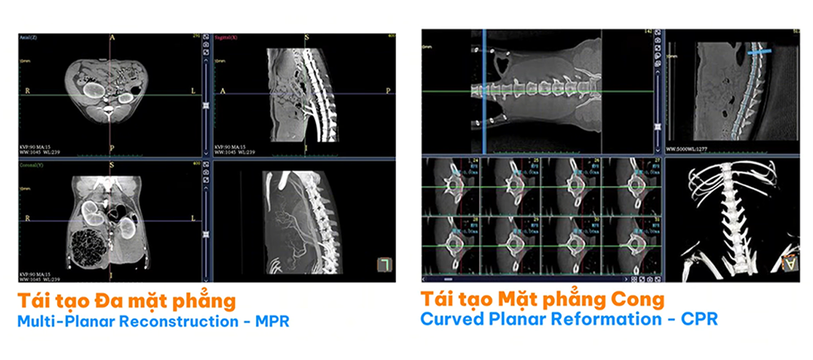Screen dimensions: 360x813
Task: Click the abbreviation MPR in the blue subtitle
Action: pyautogui.click(x=273, y=321)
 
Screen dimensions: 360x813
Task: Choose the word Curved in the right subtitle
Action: pyautogui.click(x=448, y=318)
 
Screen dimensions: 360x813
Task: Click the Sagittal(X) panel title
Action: pyautogui.click(x=229, y=38)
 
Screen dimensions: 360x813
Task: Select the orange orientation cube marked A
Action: pyautogui.click(x=788, y=264)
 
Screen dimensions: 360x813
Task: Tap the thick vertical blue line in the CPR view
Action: pyautogui.click(x=484, y=90)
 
